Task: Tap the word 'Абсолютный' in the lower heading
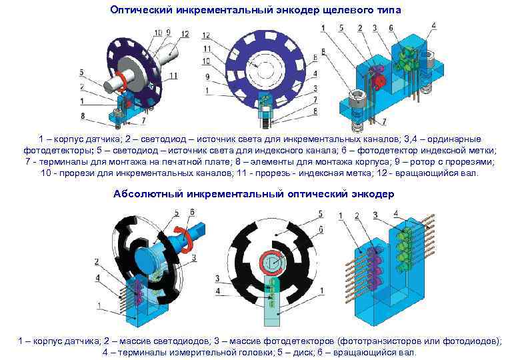[x=146, y=194]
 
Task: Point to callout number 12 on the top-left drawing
[x=185, y=34]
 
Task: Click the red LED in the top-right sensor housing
[x=378, y=81]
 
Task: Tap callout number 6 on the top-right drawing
[x=391, y=28]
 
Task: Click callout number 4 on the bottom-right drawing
[x=397, y=213]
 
